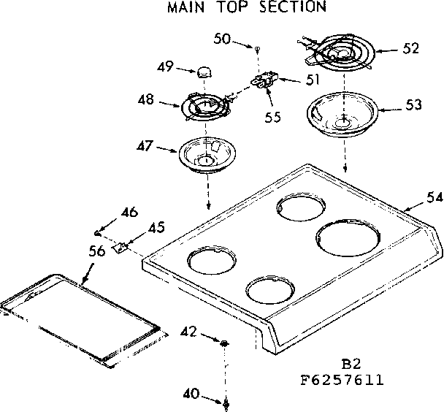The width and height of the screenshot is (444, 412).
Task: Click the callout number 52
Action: tap(410, 49)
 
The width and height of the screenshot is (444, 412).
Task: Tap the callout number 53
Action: tap(413, 105)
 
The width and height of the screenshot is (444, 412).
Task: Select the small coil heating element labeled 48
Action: tap(204, 107)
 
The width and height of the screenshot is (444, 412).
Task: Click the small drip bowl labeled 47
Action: tap(204, 156)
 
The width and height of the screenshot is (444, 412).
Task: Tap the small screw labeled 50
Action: tap(259, 47)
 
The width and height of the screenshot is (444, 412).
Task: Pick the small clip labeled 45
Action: tap(123, 248)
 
